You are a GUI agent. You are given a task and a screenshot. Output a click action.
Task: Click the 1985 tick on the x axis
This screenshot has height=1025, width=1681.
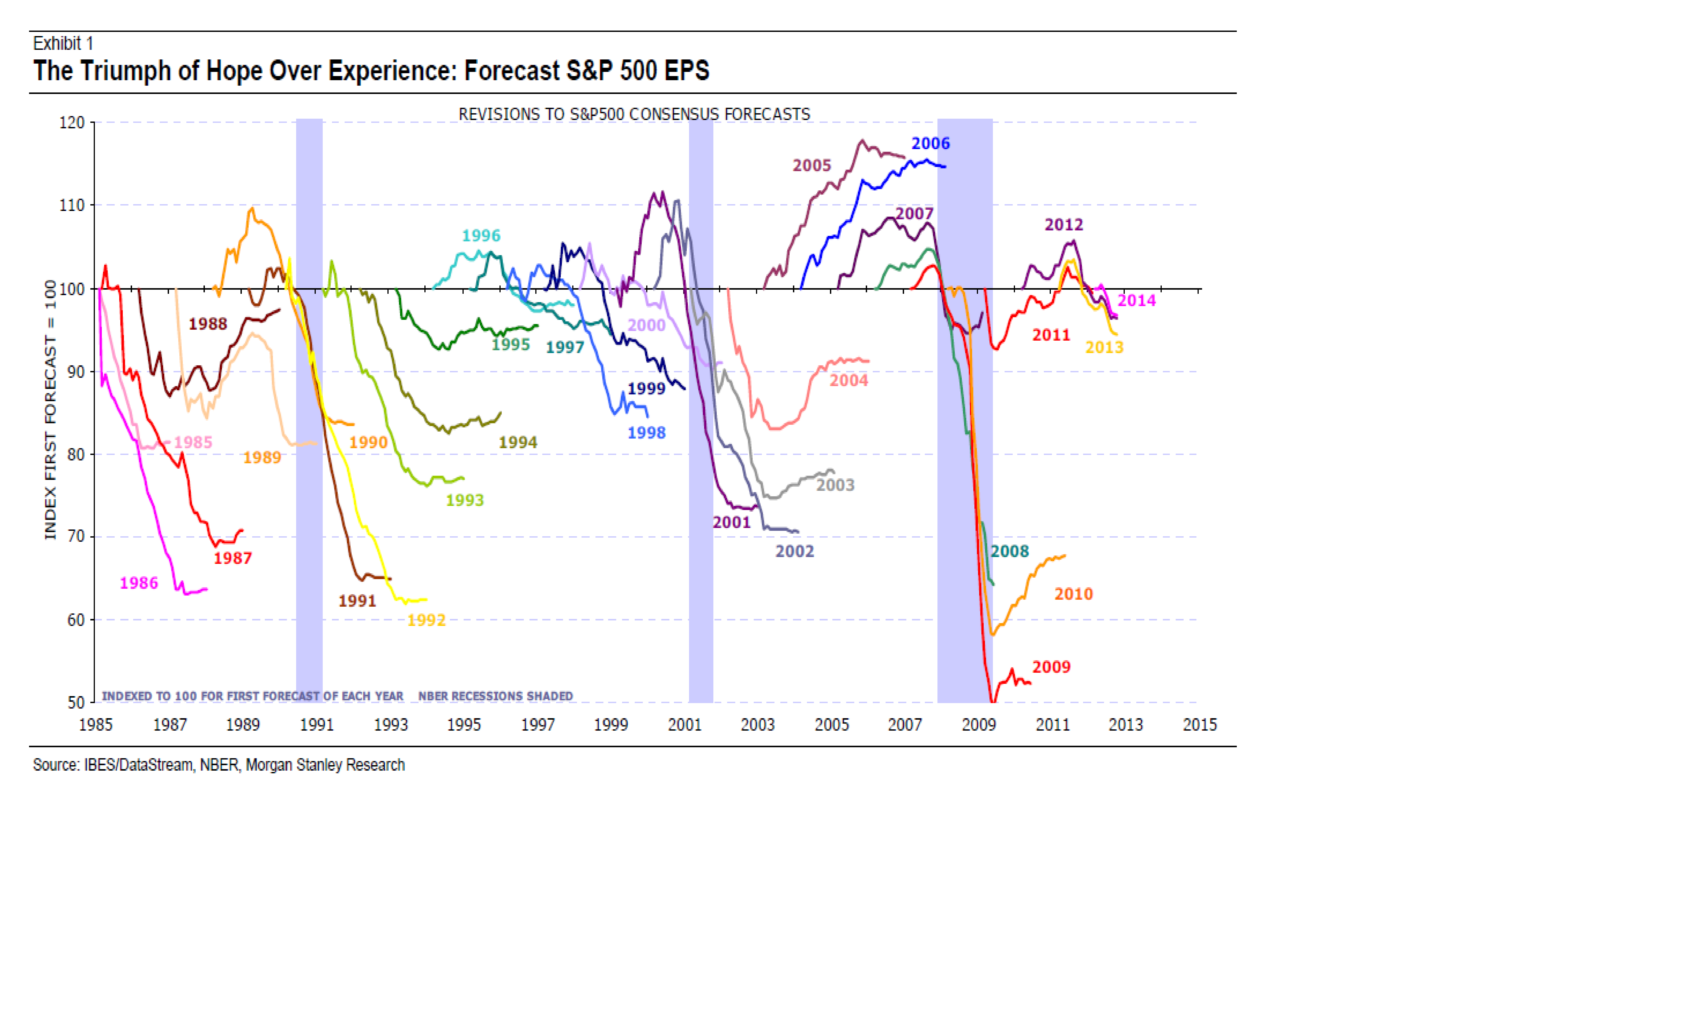95,725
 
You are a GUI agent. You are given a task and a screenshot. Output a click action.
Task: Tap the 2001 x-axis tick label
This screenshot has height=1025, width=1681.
684,725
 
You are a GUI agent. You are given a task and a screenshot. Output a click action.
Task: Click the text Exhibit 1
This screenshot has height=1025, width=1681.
63,44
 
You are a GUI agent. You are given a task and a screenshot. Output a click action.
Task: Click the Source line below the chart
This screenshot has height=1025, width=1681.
218,765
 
